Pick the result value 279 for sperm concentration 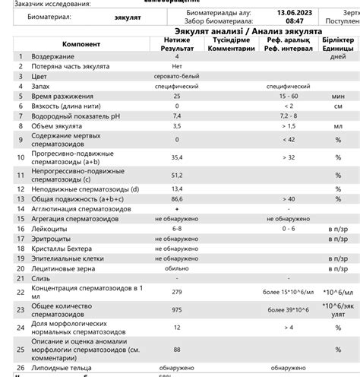tap(177, 292)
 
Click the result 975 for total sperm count tap(177, 310)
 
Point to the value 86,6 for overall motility tap(177, 198)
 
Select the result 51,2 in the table tap(177, 175)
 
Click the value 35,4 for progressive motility tap(177, 157)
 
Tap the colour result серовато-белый tap(177, 77)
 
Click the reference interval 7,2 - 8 tap(288, 116)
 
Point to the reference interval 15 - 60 tap(288, 97)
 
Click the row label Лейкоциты tap(50, 228)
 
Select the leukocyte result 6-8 tap(177, 228)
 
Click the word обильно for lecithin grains tap(177, 268)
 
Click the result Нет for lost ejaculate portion tap(177, 67)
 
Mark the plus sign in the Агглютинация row tap(177, 208)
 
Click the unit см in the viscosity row tap(338, 106)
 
